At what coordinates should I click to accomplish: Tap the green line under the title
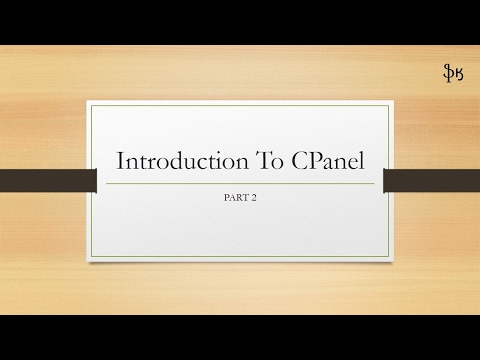click(x=240, y=183)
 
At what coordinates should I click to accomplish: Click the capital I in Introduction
click(x=121, y=161)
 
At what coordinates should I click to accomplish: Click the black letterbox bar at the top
click(x=240, y=21)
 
